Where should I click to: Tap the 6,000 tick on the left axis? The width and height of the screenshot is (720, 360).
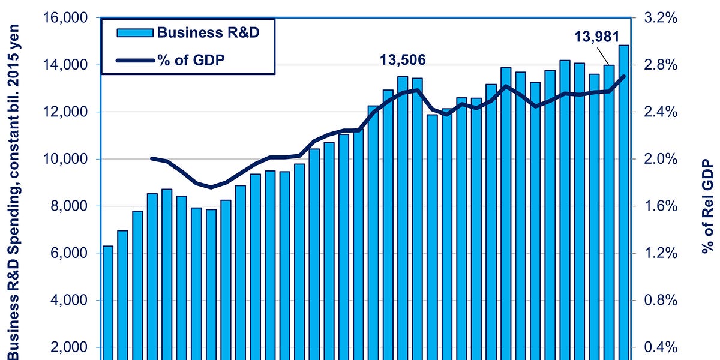click(x=67, y=253)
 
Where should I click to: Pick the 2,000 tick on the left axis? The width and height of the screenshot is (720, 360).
click(x=67, y=347)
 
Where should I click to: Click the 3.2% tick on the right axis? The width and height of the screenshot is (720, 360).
click(x=661, y=18)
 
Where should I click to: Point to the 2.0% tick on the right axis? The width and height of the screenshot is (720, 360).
click(x=661, y=159)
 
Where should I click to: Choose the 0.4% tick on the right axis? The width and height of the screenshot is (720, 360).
click(x=661, y=347)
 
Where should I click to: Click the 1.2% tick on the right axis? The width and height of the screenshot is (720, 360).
click(x=661, y=253)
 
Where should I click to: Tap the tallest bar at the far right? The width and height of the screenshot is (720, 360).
click(x=624, y=204)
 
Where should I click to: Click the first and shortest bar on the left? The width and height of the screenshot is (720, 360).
click(x=108, y=300)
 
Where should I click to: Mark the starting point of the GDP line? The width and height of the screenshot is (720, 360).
click(x=152, y=158)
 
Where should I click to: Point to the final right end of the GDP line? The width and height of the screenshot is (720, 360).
click(x=624, y=76)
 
